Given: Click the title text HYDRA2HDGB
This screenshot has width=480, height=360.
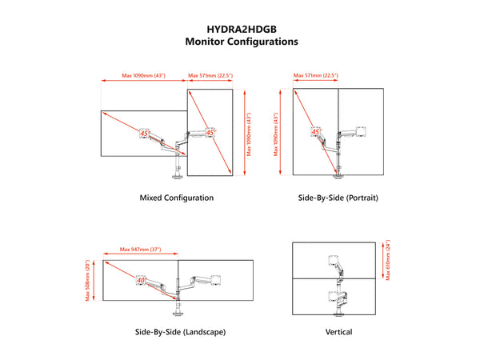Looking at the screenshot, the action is click(242, 30).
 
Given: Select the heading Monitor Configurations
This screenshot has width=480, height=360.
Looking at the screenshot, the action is click(242, 42).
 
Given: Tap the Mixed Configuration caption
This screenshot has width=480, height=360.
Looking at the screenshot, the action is click(177, 198).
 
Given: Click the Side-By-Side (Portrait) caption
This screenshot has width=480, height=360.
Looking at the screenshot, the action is click(338, 198).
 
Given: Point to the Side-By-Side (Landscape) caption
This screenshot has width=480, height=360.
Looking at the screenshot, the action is click(180, 332).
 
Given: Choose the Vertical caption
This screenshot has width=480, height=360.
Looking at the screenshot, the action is click(338, 332).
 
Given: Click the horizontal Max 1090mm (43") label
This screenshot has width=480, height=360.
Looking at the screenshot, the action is click(143, 75).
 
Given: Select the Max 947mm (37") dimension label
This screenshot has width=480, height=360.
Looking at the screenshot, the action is click(140, 250).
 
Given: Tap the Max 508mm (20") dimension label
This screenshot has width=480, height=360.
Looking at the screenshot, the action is click(88, 281).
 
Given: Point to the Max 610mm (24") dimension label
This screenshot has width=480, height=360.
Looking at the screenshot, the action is click(388, 260).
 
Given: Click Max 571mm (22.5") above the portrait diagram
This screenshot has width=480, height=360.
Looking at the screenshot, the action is click(316, 75).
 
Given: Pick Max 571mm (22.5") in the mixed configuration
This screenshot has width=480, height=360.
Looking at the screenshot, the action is click(210, 75).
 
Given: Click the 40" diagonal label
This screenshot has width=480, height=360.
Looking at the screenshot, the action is click(141, 280).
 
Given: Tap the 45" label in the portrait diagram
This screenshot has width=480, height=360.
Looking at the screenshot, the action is click(316, 132).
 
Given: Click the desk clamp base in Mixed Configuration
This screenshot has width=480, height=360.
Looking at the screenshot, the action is click(178, 176).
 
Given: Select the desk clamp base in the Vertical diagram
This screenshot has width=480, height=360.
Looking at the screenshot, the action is click(338, 314).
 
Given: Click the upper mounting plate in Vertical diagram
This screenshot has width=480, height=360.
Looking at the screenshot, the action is click(333, 260).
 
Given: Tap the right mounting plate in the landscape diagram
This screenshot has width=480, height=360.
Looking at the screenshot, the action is click(216, 280).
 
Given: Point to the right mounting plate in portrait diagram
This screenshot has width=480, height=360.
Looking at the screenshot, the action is click(362, 131).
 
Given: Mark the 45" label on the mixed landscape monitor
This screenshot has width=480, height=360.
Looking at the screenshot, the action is click(145, 134).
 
